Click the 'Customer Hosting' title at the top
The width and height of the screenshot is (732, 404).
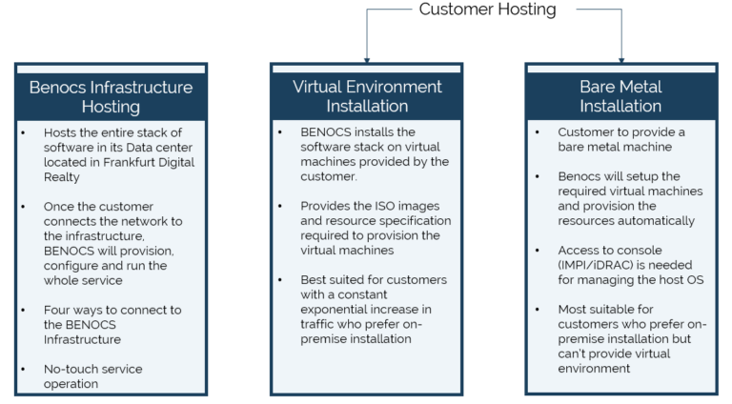(487, 10)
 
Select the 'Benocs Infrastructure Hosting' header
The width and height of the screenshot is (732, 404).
(111, 96)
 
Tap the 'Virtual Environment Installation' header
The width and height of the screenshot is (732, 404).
(367, 96)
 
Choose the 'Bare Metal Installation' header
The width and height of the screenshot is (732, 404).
(620, 96)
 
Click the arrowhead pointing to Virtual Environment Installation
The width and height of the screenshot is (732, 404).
(367, 57)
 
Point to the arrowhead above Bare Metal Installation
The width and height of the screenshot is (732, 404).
(621, 57)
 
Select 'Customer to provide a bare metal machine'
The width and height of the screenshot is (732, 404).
(620, 139)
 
